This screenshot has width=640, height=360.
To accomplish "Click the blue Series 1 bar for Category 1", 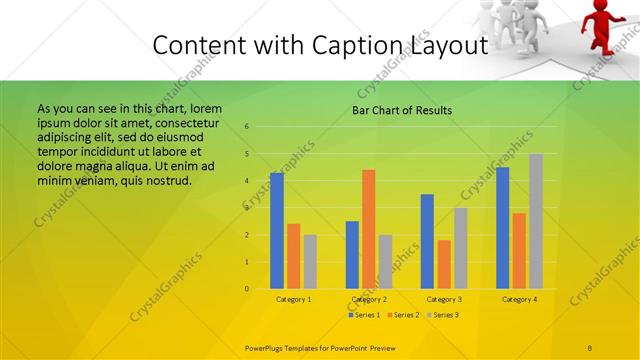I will [277, 231].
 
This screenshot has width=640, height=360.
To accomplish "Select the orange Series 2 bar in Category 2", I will [368, 229].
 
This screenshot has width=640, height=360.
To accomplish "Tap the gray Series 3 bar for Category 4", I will [536, 221].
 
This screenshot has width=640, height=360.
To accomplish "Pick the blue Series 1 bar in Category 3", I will [427, 241].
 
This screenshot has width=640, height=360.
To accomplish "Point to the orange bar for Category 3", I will [444, 264].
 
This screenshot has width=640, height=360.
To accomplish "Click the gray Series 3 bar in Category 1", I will [310, 262].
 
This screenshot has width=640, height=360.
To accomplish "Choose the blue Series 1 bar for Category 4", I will [503, 228].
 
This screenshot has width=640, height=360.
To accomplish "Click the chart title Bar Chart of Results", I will [402, 110].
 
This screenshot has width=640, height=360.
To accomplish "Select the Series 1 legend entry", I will [364, 315].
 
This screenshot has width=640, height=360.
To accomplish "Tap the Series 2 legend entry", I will [403, 315].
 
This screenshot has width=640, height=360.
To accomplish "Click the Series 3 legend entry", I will [442, 315].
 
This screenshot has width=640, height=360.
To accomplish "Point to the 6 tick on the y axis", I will [246, 127].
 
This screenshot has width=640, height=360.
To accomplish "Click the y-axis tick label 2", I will [246, 235].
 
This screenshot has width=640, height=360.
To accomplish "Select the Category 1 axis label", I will [293, 299].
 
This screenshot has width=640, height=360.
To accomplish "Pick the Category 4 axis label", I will [519, 299].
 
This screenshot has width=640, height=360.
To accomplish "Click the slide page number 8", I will [590, 347].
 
